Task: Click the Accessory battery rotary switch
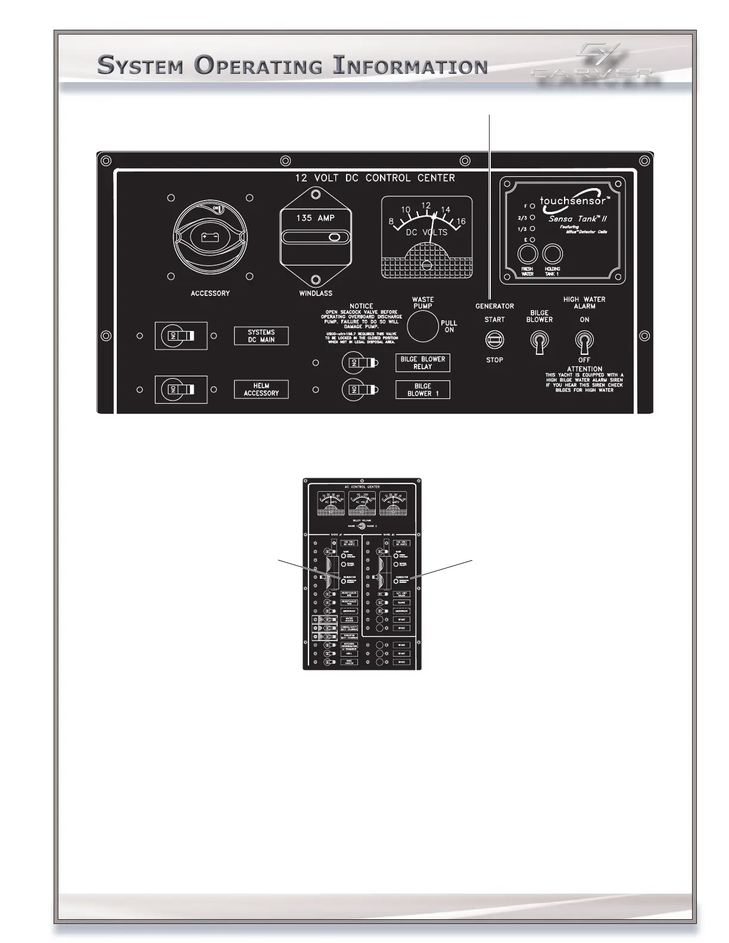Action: [210, 238]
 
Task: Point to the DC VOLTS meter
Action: [426, 238]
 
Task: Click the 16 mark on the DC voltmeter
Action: [460, 221]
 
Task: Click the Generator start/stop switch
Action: [495, 340]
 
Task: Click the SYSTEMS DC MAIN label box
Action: [261, 336]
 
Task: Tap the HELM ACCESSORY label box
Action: [261, 389]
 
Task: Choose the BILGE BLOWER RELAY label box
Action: [423, 363]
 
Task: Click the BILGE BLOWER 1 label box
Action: [423, 389]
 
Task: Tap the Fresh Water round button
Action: [526, 254]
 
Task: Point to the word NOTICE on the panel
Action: [362, 306]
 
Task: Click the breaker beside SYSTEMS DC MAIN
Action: [180, 336]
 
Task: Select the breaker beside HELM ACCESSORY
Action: [180, 389]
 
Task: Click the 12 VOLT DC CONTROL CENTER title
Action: [375, 178]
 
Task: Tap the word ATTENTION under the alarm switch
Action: [584, 369]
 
